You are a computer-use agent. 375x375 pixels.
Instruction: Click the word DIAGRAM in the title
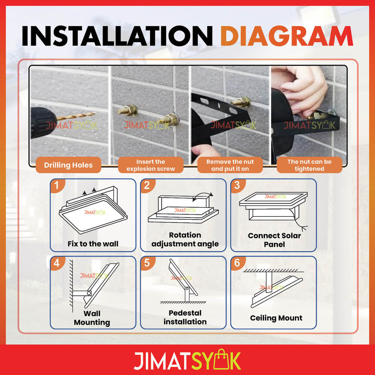(286, 36)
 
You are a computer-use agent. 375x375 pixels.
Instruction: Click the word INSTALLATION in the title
(117, 36)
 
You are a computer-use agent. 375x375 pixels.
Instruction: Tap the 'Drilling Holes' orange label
(68, 165)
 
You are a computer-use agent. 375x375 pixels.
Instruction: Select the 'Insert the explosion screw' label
(151, 165)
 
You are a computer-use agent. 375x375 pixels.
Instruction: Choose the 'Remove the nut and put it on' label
(230, 165)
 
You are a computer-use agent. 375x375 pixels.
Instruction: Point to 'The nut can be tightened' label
(309, 165)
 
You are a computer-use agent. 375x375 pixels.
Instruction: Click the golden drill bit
(76, 116)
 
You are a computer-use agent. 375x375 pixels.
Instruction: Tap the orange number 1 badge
(57, 186)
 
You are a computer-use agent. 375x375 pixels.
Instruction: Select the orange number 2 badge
(147, 186)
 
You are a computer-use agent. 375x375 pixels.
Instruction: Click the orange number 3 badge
(237, 186)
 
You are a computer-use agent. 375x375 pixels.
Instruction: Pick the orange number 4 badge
(57, 263)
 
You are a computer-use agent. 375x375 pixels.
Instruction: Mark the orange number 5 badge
(147, 263)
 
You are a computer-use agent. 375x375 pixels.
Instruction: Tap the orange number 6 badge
(237, 263)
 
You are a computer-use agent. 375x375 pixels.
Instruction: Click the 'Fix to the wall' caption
(93, 244)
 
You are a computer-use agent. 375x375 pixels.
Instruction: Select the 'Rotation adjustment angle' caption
(185, 240)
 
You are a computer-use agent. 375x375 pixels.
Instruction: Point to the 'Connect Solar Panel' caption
(275, 240)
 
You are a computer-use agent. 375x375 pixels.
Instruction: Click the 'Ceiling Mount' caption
(276, 318)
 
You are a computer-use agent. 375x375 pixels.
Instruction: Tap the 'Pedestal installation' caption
(185, 318)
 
